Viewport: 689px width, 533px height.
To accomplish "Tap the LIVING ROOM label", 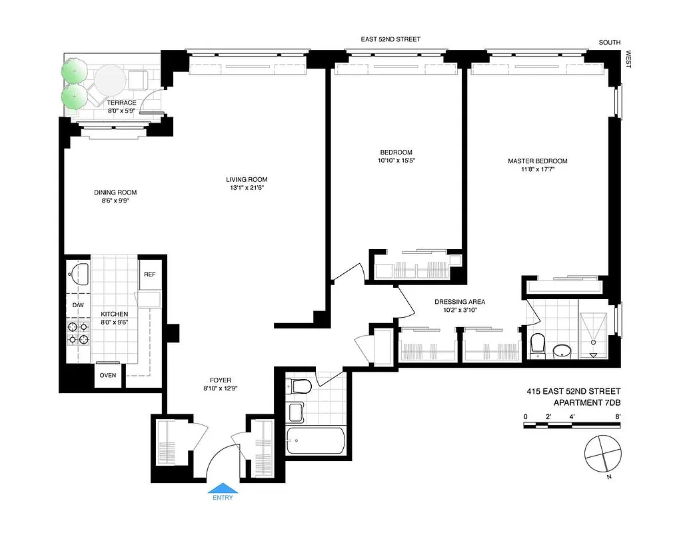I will coord(246,179).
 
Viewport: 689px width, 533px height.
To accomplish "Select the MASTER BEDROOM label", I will coord(537,161).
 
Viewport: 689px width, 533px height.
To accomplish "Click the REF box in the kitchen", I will coord(149,274).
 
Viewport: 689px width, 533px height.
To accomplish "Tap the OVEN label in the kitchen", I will coord(108,375).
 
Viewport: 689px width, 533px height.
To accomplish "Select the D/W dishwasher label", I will coord(78,306).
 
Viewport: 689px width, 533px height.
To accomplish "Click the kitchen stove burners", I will coord(78,332).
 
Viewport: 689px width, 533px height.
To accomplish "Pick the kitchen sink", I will coord(79,274).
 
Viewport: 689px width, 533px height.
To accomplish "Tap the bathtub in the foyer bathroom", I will coord(315,440).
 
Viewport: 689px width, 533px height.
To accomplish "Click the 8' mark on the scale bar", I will coord(618,417).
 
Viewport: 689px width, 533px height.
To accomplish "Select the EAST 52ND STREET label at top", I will coord(390,39).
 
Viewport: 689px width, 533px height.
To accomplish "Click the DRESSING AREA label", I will coord(459,301).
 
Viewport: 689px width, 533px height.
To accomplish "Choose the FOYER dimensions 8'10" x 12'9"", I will coord(219,388).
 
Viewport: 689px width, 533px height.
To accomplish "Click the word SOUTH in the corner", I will coord(609,43).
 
